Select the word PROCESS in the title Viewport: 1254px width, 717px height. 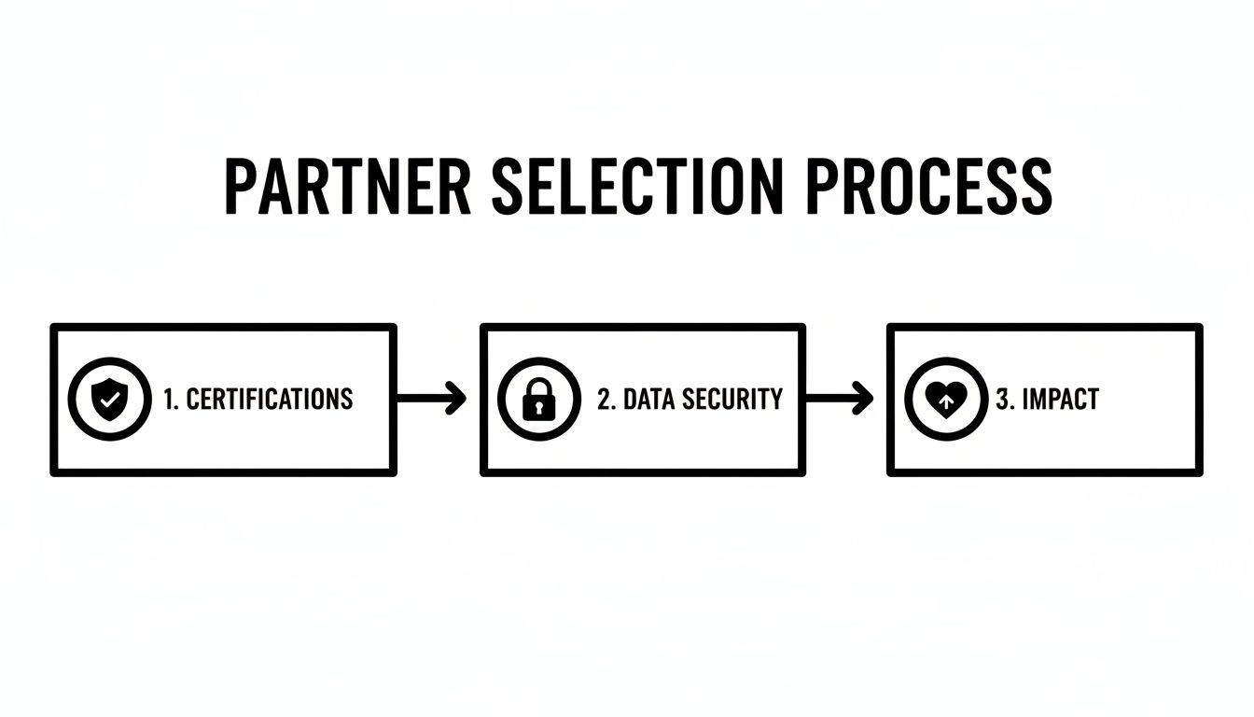click(x=928, y=188)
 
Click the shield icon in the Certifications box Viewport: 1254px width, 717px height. click(x=109, y=400)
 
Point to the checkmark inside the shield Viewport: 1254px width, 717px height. click(x=109, y=400)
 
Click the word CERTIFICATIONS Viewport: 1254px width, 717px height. click(x=270, y=400)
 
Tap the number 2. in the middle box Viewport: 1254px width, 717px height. click(x=606, y=400)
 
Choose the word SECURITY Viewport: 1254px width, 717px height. click(x=732, y=400)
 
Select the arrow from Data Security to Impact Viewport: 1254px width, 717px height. click(x=837, y=399)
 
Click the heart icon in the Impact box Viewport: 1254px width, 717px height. click(x=945, y=401)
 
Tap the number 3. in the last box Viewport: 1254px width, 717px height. click(x=1005, y=400)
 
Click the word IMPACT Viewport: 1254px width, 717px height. click(x=1061, y=400)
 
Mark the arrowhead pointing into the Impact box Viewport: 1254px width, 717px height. click(x=865, y=399)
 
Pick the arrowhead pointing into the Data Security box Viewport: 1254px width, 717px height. click(x=457, y=399)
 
